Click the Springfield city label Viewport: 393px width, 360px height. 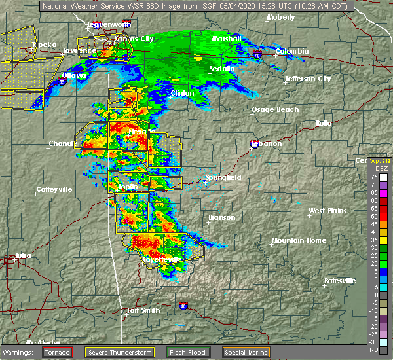223,177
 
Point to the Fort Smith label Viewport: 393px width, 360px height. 143,310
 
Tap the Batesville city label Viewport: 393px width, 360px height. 340,281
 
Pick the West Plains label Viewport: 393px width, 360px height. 327,211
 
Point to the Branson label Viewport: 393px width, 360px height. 221,217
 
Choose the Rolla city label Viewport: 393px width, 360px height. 324,123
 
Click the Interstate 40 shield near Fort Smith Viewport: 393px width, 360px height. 183,305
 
